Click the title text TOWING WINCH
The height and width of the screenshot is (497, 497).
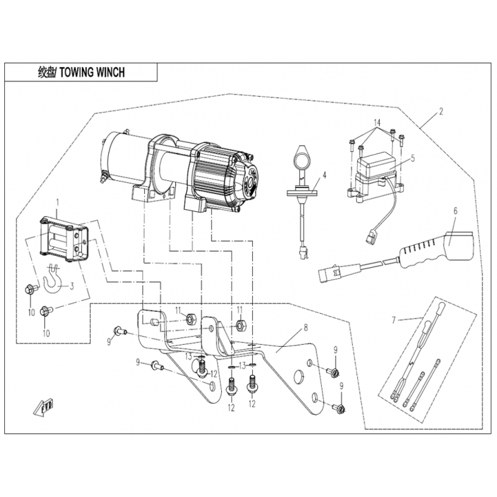coord(92,73)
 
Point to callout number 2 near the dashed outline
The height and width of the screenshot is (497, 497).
coord(440,112)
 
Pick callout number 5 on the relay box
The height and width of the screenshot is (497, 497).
coord(413,158)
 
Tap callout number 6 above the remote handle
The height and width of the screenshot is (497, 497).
coord(455,211)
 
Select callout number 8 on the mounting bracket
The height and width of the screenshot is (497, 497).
coord(306,327)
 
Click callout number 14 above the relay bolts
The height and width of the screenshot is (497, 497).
coord(377,122)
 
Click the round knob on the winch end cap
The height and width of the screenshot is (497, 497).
coord(250,183)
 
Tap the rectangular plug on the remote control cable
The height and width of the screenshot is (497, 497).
coord(330,272)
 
